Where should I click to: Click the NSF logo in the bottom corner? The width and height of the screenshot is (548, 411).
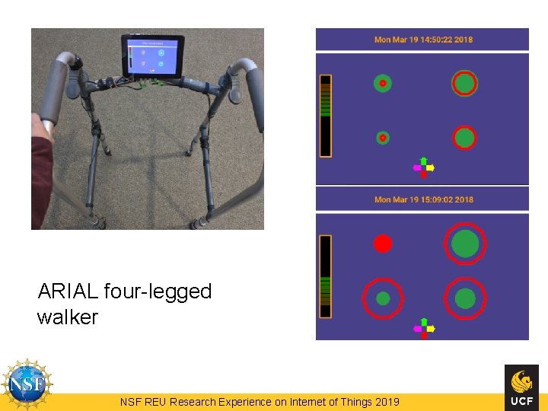[x=27, y=384]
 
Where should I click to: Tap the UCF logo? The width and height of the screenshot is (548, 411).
[x=521, y=387]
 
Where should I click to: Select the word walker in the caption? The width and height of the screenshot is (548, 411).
[x=68, y=317]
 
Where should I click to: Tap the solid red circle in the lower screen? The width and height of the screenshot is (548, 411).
[x=383, y=244]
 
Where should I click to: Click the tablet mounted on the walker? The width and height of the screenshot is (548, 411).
[x=152, y=55]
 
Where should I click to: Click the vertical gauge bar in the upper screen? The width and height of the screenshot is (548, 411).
[x=326, y=116]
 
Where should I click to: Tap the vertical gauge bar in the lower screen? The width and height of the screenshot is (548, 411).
[x=326, y=276]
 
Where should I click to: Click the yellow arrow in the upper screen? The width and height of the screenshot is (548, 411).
[x=431, y=167]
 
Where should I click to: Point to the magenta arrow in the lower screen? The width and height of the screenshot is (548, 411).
[x=416, y=329]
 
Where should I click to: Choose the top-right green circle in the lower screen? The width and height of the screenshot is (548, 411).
[x=465, y=244]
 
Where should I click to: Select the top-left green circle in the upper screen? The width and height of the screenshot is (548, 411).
[x=383, y=83]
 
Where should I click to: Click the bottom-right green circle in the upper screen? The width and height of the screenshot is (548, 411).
[x=464, y=138]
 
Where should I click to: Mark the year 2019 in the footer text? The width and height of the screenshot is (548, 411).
[x=387, y=402]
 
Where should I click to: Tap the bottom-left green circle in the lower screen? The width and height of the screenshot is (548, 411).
[x=383, y=298]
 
